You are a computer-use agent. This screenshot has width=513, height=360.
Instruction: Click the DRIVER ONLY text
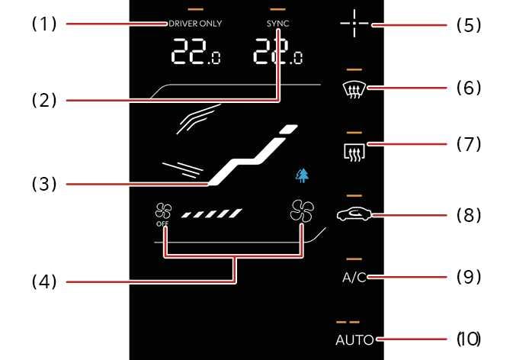point(194,24)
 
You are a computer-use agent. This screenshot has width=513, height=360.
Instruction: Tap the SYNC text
point(278,24)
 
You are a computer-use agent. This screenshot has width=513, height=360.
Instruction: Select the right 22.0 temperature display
point(278,53)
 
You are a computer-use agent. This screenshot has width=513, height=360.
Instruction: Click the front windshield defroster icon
point(353,89)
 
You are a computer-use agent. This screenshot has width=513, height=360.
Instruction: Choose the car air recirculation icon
point(353,215)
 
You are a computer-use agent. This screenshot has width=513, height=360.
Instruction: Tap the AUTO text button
point(354,340)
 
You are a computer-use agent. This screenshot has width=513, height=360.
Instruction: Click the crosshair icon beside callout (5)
point(354,24)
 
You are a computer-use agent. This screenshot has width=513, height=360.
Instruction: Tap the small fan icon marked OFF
point(162,214)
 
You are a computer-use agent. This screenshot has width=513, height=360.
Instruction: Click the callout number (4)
point(43,281)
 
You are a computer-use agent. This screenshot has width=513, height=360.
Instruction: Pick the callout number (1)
point(43,23)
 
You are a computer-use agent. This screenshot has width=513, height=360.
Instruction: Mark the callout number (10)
point(468,338)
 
